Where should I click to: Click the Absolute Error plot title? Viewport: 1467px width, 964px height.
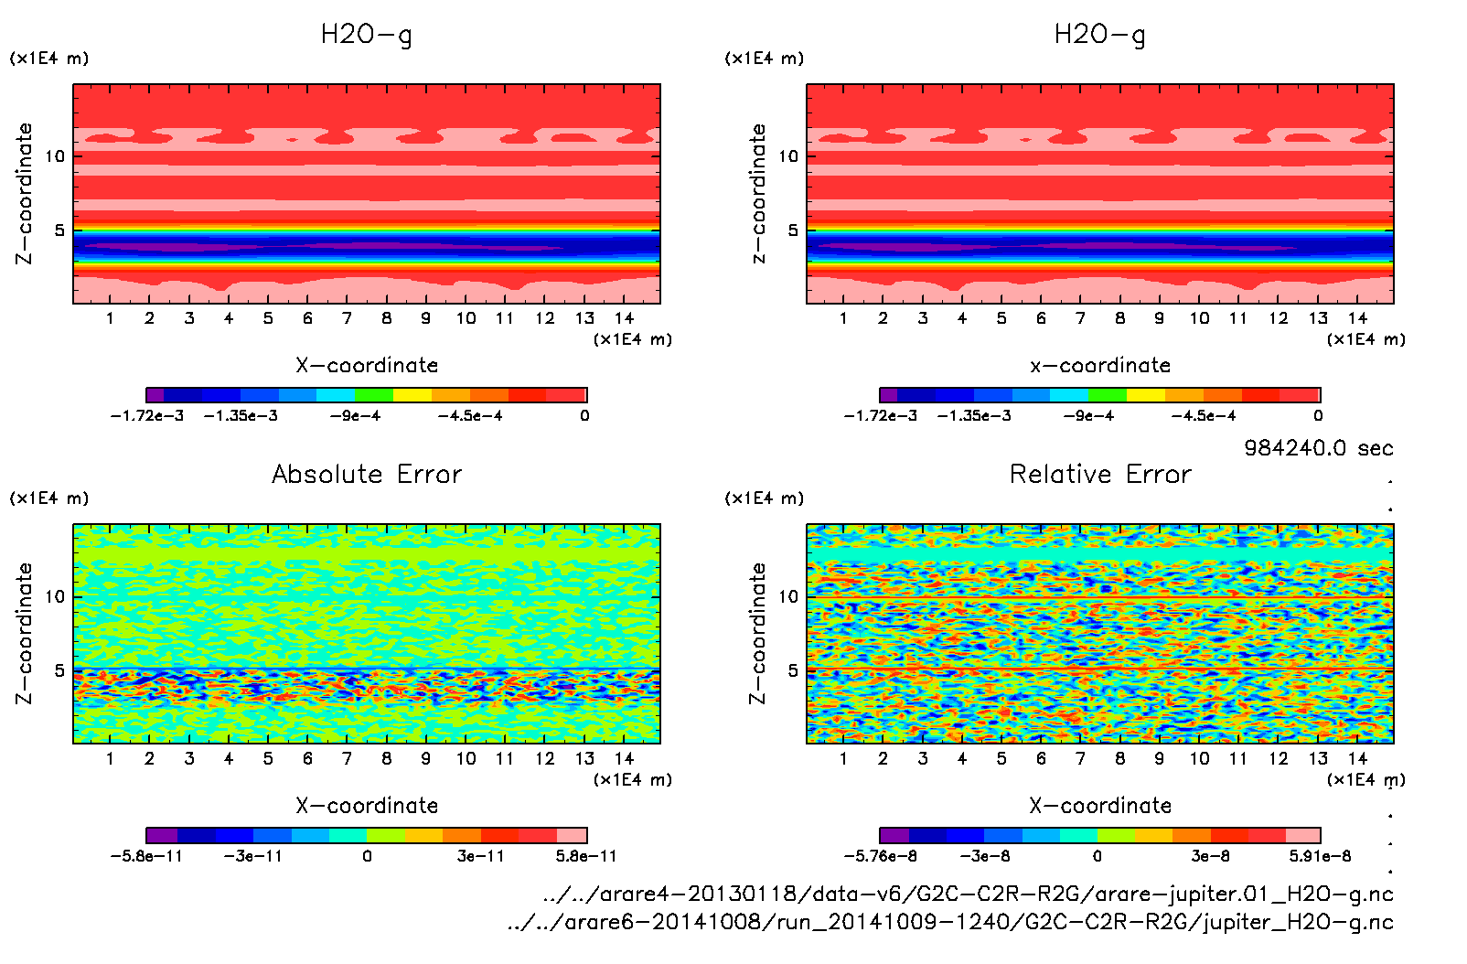point(367,474)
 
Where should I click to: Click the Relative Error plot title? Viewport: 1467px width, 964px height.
point(1100,474)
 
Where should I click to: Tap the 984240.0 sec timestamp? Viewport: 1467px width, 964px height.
point(1318,448)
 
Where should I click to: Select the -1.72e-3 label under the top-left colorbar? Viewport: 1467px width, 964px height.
point(147,415)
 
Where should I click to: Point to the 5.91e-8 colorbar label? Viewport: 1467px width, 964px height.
point(1320,856)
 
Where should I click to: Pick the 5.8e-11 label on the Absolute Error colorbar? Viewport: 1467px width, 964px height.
point(586,856)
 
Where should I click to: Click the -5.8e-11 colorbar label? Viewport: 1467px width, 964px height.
point(146,856)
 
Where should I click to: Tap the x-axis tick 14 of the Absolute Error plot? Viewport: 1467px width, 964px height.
point(624,758)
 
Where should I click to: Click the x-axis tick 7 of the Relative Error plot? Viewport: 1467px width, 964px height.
point(1080,758)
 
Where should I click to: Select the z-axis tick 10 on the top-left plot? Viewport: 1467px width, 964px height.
point(56,156)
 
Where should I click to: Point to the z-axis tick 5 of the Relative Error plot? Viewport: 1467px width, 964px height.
point(793,670)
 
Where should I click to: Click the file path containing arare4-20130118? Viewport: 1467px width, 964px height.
point(968,894)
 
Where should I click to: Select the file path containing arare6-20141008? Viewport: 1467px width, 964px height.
point(950,922)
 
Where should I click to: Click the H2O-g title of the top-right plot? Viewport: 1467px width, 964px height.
point(1100,35)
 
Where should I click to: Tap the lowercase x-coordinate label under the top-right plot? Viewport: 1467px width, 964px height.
point(1100,365)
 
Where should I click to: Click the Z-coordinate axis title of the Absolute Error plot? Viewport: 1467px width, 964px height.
point(25,633)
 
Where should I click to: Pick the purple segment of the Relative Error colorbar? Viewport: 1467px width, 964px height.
point(894,835)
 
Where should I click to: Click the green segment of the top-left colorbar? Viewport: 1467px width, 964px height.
point(373,395)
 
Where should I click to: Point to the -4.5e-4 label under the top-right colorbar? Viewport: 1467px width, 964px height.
point(1204,415)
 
